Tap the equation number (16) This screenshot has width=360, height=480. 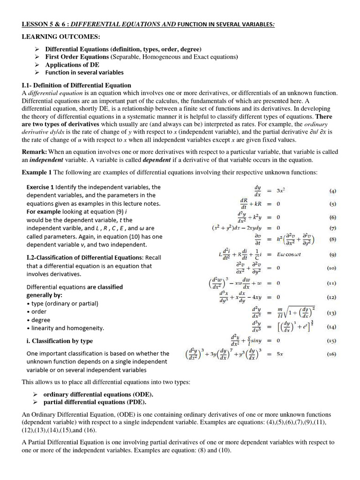332,354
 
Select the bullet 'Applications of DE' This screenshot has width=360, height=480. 72,65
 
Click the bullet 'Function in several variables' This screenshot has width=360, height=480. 84,73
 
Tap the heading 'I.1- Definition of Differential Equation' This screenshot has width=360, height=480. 76,85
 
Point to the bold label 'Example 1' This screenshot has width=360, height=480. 37,172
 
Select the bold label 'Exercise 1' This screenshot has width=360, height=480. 40,187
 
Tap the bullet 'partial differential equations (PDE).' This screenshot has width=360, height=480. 95,402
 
